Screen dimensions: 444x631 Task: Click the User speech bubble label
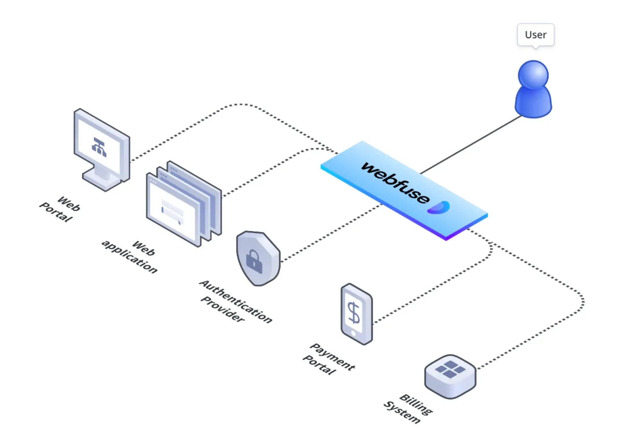point(535,35)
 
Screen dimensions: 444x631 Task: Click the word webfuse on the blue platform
point(395,183)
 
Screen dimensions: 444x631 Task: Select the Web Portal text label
point(60,209)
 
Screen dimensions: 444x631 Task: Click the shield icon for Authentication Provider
point(258,258)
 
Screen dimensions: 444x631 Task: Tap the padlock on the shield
point(254,261)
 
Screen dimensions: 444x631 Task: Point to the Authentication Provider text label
point(236,301)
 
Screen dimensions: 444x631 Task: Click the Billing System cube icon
point(450,376)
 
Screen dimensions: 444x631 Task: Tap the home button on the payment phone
point(353,334)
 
